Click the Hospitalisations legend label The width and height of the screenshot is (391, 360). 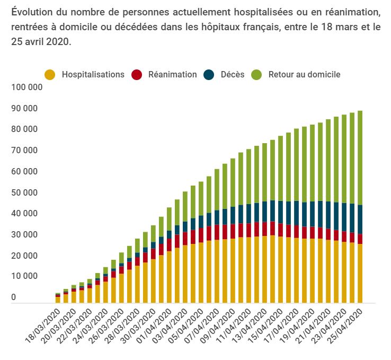pos(93,74)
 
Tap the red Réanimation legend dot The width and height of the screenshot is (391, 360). pos(138,75)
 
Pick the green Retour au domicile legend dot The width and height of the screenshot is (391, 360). pos(258,75)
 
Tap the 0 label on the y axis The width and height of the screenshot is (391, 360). pos(13,297)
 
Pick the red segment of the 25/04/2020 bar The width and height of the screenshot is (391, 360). pos(360,239)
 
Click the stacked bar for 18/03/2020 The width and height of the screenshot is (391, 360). pos(58,298)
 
